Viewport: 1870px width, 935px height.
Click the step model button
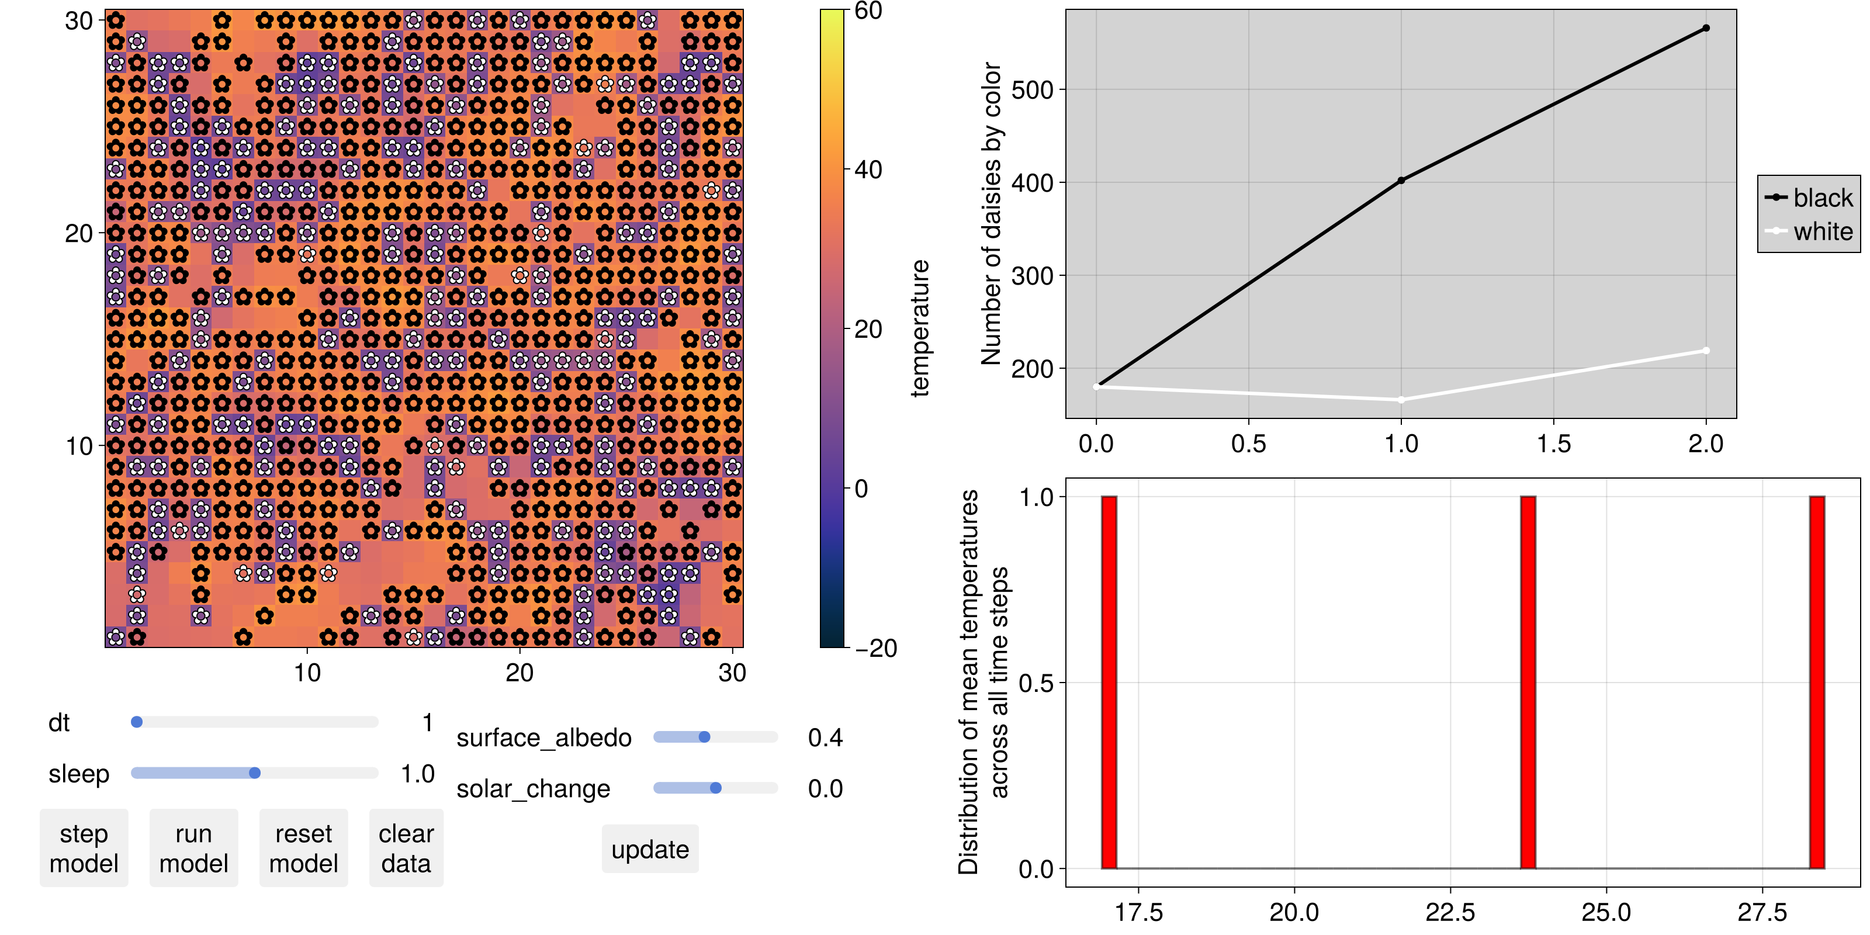pyautogui.click(x=84, y=848)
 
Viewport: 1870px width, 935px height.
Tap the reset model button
pyautogui.click(x=303, y=848)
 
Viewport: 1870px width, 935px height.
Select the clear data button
pyautogui.click(x=406, y=848)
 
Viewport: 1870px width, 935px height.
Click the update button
pyautogui.click(x=650, y=849)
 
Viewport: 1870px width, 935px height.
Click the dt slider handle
pyautogui.click(x=137, y=722)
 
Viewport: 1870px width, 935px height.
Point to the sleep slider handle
pyautogui.click(x=255, y=773)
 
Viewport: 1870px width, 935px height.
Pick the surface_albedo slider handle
pyautogui.click(x=704, y=737)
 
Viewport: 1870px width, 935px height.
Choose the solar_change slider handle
pyautogui.click(x=716, y=788)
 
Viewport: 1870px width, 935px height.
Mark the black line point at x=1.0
pyautogui.click(x=1401, y=181)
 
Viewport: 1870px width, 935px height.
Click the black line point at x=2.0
pyautogui.click(x=1706, y=28)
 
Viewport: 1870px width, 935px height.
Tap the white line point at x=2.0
pyautogui.click(x=1706, y=351)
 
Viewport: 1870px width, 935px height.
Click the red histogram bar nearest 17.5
pyautogui.click(x=1109, y=683)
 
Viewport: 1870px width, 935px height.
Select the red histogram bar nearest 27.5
pyautogui.click(x=1816, y=683)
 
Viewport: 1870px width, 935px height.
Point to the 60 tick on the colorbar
pyautogui.click(x=868, y=11)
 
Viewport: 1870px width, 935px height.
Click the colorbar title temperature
pyautogui.click(x=920, y=328)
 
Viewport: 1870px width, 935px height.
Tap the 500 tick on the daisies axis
pyautogui.click(x=1032, y=90)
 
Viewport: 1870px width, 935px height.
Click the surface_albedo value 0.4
pyautogui.click(x=825, y=737)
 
